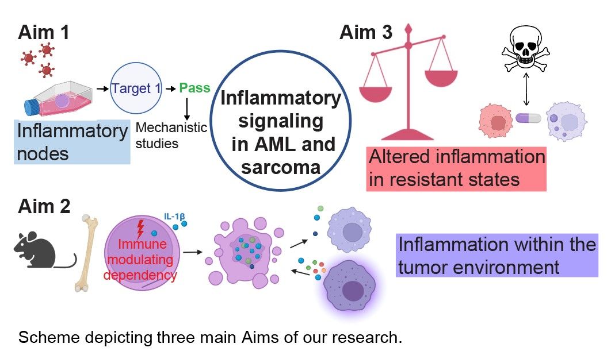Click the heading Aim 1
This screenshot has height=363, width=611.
[x=43, y=32]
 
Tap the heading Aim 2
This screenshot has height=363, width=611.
[x=43, y=206]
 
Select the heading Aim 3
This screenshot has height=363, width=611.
[x=366, y=32]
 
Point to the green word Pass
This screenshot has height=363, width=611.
[x=194, y=88]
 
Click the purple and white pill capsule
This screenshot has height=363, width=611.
[x=528, y=118]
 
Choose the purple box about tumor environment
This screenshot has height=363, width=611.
[x=497, y=256]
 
